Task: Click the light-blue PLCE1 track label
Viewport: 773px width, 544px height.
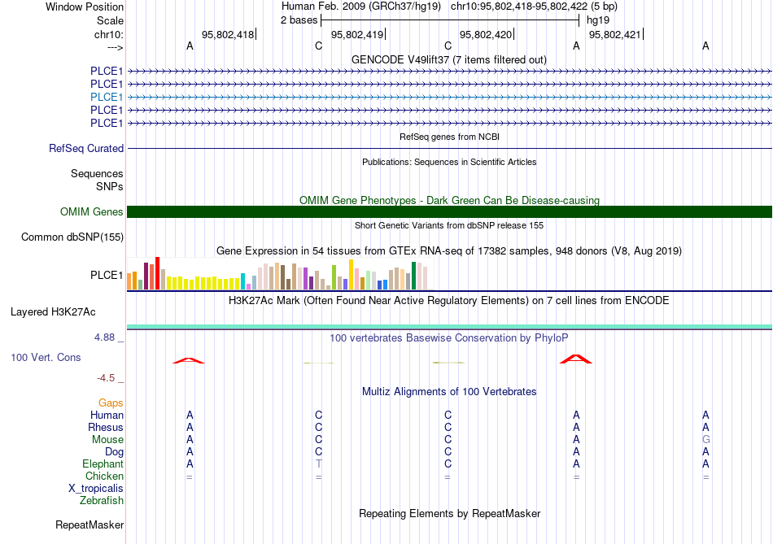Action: (x=107, y=97)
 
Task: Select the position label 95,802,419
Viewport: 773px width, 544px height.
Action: (x=357, y=34)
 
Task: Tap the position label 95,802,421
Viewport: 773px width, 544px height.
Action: (x=615, y=34)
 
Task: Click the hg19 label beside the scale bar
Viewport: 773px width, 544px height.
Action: (x=598, y=20)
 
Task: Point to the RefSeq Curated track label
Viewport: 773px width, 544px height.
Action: (x=86, y=148)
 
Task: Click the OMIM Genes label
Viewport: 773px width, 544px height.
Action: (x=92, y=212)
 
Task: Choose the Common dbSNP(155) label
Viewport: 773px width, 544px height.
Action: (x=72, y=237)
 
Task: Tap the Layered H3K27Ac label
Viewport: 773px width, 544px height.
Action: (x=53, y=312)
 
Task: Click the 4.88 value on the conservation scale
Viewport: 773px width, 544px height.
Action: (x=104, y=337)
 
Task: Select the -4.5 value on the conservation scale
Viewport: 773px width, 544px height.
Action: (x=106, y=378)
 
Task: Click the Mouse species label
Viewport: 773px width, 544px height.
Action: (x=107, y=440)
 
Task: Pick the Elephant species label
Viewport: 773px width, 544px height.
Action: (x=103, y=464)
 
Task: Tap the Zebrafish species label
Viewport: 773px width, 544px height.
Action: (x=102, y=501)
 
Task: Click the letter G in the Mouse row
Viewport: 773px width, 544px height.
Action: (x=706, y=440)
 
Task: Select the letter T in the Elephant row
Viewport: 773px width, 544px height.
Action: (x=319, y=463)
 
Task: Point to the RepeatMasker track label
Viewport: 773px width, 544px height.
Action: (x=90, y=525)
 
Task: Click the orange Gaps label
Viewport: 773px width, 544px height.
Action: (x=111, y=403)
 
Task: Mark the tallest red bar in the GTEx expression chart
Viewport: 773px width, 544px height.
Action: (x=157, y=273)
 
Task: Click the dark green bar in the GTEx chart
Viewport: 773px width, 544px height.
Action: (x=413, y=276)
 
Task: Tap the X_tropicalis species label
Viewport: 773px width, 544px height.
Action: (x=96, y=489)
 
